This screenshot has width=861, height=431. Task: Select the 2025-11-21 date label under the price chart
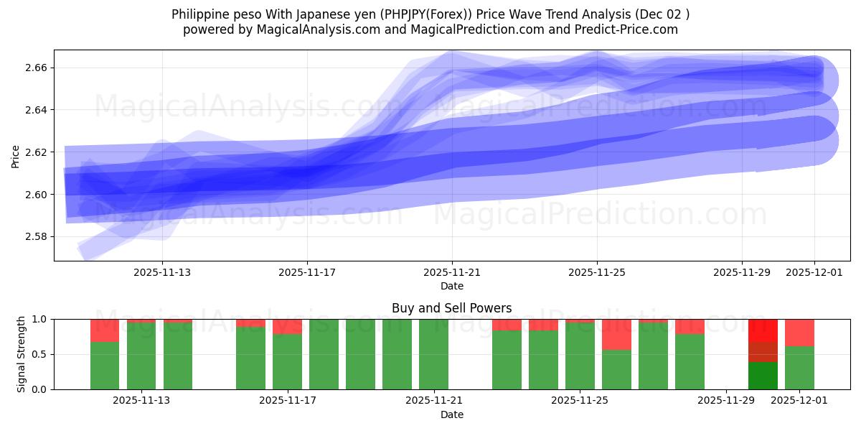[452, 272]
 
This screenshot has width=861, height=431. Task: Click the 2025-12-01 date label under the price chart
[814, 272]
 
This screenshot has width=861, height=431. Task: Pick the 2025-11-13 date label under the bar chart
[141, 401]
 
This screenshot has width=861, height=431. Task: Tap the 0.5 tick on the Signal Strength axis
[40, 354]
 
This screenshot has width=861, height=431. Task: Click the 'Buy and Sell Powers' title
[451, 308]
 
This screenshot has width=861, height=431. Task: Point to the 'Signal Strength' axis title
[22, 354]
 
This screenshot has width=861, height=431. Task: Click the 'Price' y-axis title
[16, 156]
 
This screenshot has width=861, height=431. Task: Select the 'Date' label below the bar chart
[451, 414]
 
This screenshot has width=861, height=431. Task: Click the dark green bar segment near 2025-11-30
[763, 375]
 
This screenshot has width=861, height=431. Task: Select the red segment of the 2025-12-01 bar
[799, 333]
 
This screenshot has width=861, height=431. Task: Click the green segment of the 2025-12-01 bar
[799, 368]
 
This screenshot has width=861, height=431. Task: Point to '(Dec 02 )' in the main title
[661, 14]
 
